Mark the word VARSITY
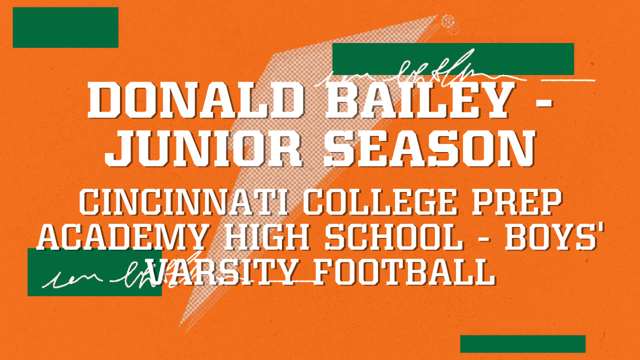coord(225,272)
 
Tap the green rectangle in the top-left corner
coord(65,27)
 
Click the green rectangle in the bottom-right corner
coord(522,344)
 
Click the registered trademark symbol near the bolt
coord(447,21)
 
